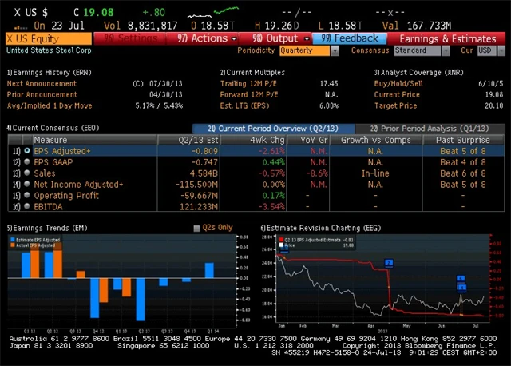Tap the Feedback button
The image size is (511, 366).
(350, 38)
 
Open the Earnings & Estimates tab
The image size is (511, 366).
(447, 38)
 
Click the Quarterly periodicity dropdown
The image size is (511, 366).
(310, 50)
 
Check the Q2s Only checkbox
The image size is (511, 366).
(197, 228)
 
